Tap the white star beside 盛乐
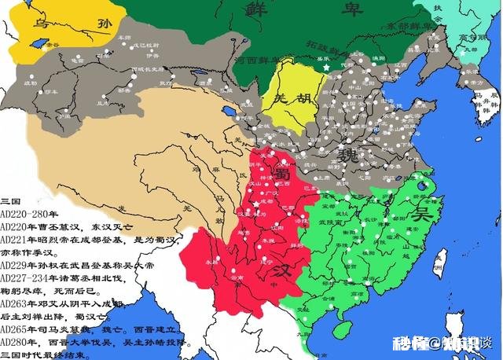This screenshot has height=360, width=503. point(325,69)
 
